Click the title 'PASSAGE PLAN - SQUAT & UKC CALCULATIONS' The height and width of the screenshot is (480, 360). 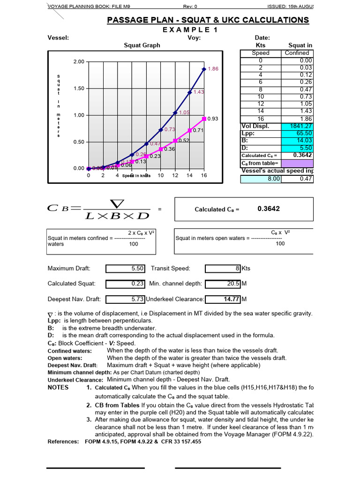coord(208,20)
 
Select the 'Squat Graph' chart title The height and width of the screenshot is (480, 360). coord(142,45)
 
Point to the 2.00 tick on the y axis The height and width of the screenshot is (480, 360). coord(78,62)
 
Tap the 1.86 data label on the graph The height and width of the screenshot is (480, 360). coord(213,69)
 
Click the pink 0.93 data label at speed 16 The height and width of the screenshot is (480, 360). coord(213,119)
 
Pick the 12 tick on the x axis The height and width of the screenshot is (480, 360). coord(175,175)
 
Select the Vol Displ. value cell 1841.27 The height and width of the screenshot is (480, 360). coord(298,127)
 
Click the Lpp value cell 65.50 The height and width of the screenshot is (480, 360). coord(298,134)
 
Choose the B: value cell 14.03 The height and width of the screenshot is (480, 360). coord(298,141)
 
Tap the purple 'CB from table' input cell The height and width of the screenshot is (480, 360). coord(298,163)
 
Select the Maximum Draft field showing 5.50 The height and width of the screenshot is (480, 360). coord(127,269)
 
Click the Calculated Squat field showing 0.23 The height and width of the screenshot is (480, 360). coord(127,284)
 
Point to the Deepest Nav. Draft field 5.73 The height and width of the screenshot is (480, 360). coord(127,299)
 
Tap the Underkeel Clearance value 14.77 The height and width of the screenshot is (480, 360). coord(223,299)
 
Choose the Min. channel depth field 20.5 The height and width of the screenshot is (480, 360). coord(223,284)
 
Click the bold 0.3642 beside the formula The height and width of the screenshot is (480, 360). coord(269,209)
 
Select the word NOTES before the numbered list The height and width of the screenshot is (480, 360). coord(58,387)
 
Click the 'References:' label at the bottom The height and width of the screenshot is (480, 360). coord(63,442)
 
